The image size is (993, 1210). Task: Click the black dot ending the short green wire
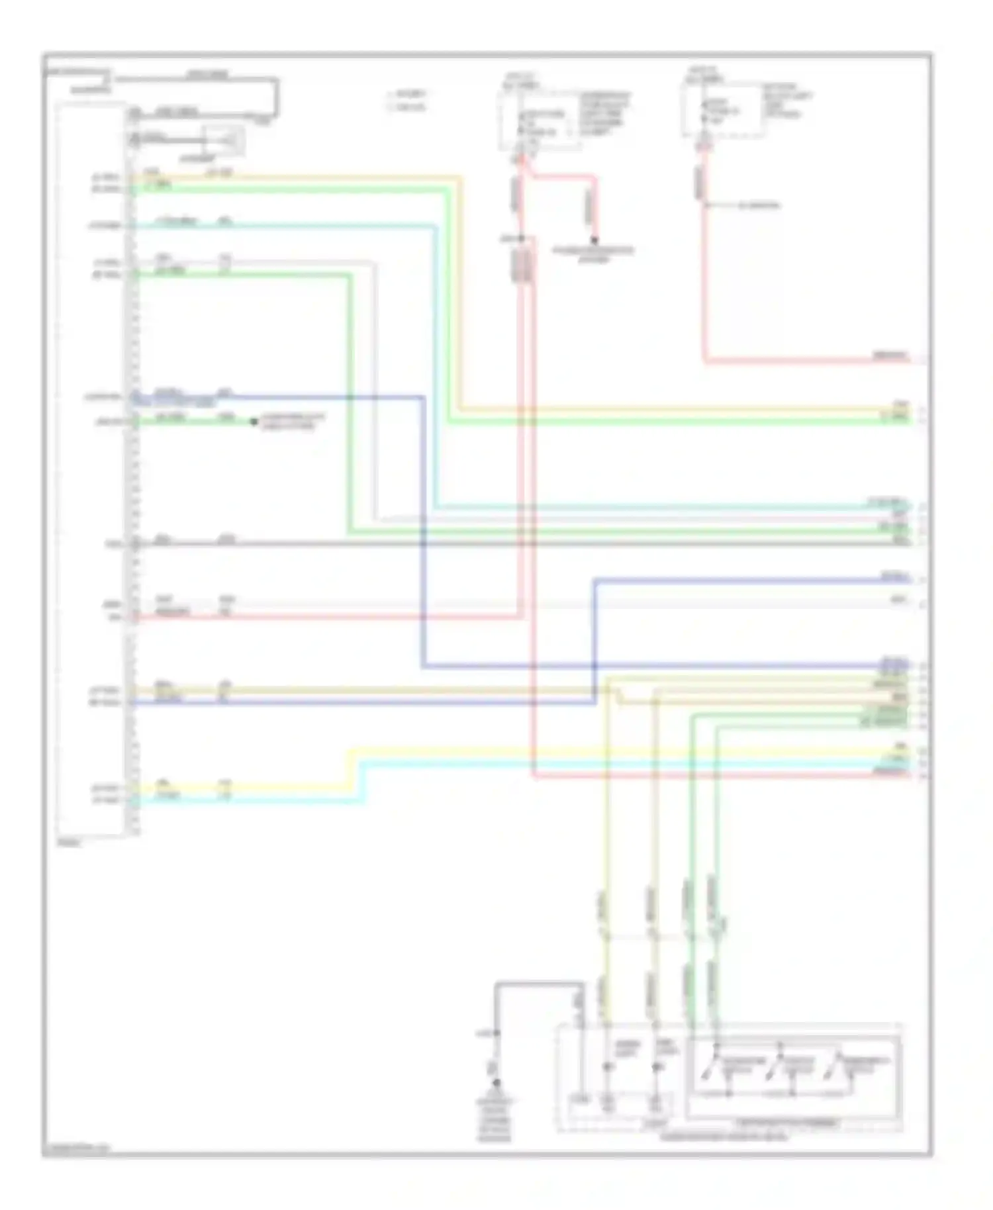click(x=254, y=422)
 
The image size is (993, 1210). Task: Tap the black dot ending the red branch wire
click(x=594, y=240)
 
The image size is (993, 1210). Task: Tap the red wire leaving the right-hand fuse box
click(x=704, y=278)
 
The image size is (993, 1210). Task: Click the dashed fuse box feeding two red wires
click(x=536, y=119)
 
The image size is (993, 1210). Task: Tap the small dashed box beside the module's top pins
click(x=225, y=140)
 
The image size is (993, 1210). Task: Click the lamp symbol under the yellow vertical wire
click(x=608, y=1067)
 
